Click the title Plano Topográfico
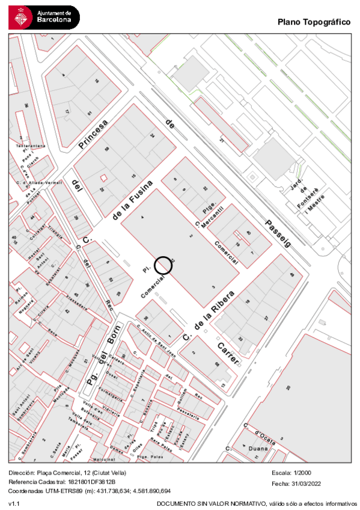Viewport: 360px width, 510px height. tap(314, 22)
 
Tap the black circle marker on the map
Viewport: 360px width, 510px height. tap(163, 265)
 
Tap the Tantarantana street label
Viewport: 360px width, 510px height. tap(30, 146)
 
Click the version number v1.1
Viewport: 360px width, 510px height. tap(13, 503)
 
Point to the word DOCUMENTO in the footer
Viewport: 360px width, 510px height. tap(175, 503)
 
